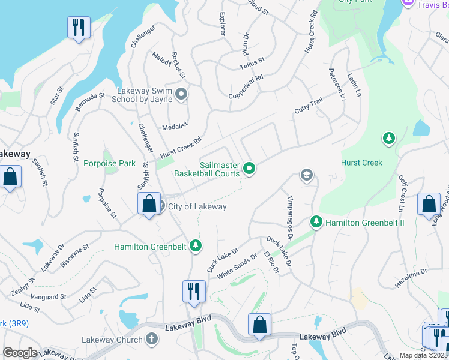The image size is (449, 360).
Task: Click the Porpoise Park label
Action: pos(109,163)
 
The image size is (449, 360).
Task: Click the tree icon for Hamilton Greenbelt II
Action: pos(316,223)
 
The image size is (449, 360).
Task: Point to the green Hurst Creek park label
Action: pos(361,163)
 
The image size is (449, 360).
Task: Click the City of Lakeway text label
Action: pos(197,207)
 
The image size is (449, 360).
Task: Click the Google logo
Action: pos(20,352)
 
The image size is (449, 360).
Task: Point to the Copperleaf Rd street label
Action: pos(246,88)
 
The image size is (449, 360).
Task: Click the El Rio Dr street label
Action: pos(272,262)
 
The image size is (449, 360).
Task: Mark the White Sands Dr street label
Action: pos(237,264)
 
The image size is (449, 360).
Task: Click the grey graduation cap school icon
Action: pos(306,175)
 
